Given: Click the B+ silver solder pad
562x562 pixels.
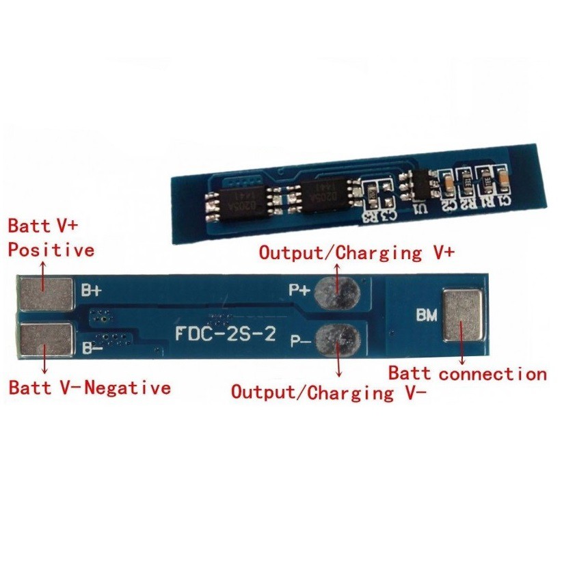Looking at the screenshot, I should pyautogui.click(x=46, y=292).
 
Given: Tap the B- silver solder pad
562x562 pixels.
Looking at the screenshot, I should pyautogui.click(x=46, y=340).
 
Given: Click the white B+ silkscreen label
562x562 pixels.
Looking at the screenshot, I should pyautogui.click(x=92, y=290).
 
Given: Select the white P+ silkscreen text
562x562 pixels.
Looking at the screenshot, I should pyautogui.click(x=298, y=290).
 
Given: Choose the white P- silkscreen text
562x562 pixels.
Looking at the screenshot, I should pyautogui.click(x=298, y=340).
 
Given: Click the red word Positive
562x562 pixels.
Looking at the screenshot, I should pyautogui.click(x=51, y=250).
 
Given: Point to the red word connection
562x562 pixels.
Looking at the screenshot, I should pyautogui.click(x=493, y=374).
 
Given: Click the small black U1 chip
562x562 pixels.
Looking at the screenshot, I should pyautogui.click(x=416, y=187).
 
